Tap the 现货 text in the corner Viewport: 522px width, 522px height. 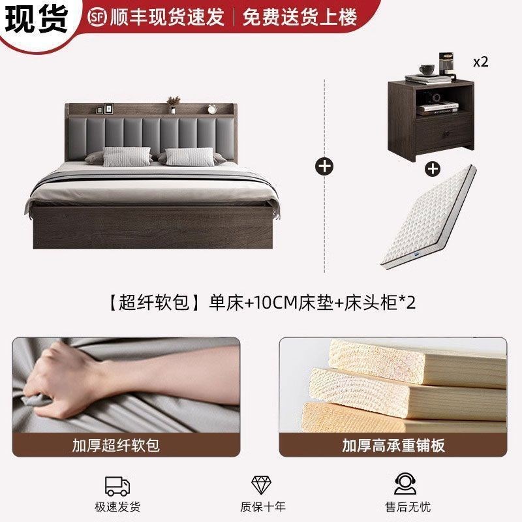37,18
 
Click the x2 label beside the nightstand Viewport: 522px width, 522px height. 480,62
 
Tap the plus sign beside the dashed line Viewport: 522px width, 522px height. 324,166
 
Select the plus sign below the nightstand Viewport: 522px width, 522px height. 432,169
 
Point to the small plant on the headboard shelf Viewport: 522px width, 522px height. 174,102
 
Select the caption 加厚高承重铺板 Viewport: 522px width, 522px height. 393,446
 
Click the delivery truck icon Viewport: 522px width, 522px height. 117,485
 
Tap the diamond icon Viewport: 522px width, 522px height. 262,485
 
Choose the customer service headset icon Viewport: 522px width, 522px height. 405,485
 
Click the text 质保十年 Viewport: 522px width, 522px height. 262,507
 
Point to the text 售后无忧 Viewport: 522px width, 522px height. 405,507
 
